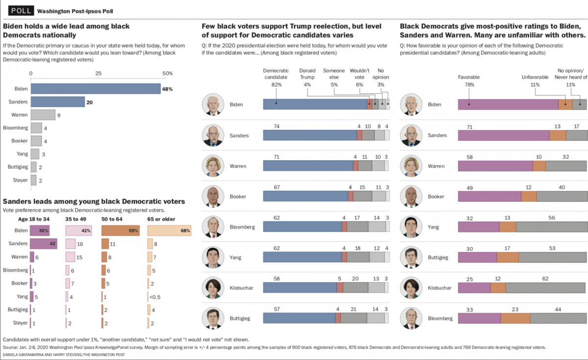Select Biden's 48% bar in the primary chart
pyautogui.click(x=96, y=89)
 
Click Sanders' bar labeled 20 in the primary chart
pyautogui.click(x=58, y=102)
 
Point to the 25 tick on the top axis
pyautogui.click(x=98, y=73)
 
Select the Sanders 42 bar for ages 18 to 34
pyautogui.click(x=43, y=243)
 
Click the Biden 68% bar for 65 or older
pyautogui.click(x=169, y=230)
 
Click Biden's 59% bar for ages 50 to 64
pyautogui.click(x=121, y=230)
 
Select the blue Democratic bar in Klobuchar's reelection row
pyautogui.click(x=300, y=288)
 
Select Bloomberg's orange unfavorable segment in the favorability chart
pyautogui.click(x=515, y=318)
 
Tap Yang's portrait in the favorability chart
pyautogui.click(x=411, y=227)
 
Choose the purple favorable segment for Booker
pyautogui.click(x=489, y=196)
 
